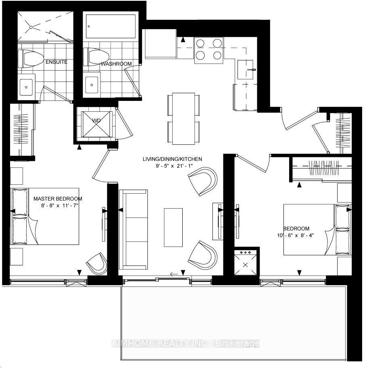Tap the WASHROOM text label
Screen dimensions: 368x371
pos(116,64)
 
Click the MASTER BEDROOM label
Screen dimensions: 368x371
pos(58,199)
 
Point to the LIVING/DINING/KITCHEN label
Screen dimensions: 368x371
pos(172,159)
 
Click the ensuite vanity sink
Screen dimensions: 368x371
pos(27,86)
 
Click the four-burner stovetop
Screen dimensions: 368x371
pos(209,49)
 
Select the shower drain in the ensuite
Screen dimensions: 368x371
pos(31,27)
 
